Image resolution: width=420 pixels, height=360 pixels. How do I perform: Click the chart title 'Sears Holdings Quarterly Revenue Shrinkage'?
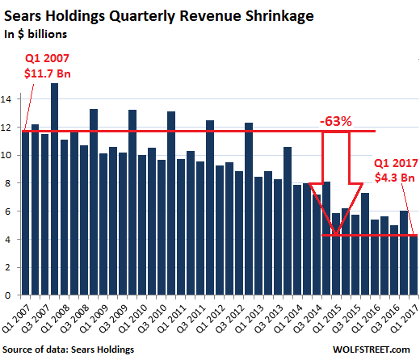[159, 16]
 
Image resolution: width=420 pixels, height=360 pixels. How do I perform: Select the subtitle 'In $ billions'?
[36, 34]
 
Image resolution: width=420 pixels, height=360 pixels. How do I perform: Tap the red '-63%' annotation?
[336, 121]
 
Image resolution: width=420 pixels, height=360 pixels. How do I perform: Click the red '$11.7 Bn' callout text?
[48, 73]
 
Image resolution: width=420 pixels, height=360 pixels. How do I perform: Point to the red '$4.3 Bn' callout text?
[395, 178]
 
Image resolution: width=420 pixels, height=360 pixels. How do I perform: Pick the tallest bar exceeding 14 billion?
[54, 189]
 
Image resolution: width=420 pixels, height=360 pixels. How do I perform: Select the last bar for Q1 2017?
[414, 265]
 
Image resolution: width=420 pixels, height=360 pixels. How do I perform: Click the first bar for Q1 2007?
[25, 212]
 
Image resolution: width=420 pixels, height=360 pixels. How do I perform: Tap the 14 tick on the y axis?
[6, 99]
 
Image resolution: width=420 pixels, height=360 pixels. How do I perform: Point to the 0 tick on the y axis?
[8, 295]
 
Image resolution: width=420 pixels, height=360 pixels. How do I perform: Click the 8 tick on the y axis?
[8, 183]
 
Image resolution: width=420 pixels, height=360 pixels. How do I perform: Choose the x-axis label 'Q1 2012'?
[212, 320]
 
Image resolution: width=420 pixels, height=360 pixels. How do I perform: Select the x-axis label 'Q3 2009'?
[114, 320]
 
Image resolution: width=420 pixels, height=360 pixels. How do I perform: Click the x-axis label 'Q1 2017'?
[405, 320]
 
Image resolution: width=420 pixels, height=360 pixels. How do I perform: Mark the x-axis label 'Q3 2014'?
[309, 320]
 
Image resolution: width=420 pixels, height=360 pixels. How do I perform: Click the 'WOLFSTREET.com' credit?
[372, 350]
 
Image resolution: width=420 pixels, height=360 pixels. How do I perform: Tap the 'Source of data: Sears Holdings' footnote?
[69, 350]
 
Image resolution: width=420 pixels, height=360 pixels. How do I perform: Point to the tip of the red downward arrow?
[336, 234]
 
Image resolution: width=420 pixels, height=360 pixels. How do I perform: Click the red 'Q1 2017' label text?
[396, 163]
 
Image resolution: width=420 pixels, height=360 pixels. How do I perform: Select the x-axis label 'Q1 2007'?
[17, 320]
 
